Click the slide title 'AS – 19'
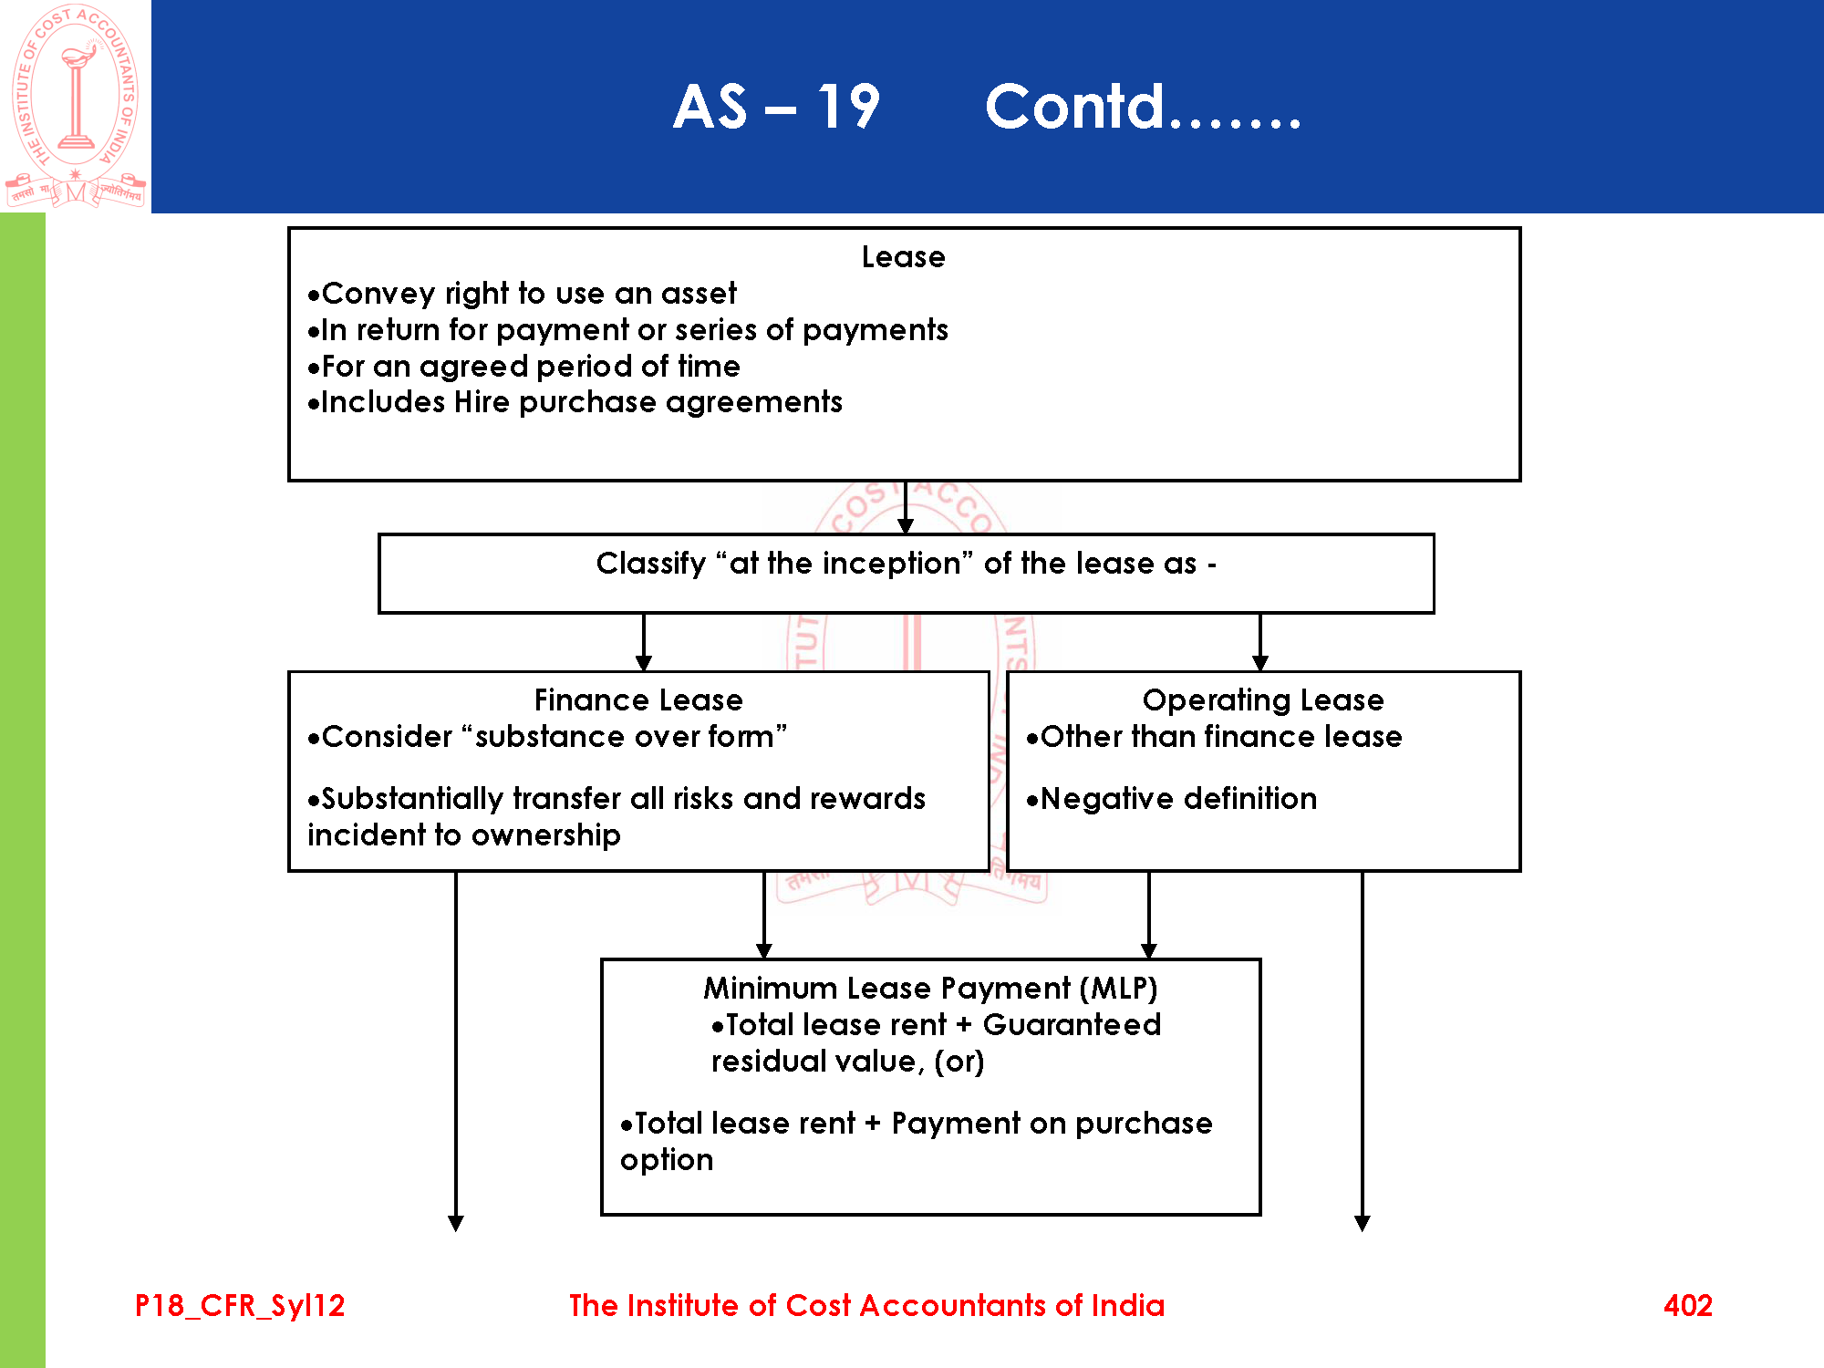pos(776,108)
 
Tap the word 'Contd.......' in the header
pos(1143,108)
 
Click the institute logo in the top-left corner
pos(76,105)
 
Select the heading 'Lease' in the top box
pos(903,257)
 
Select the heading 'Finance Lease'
pos(638,700)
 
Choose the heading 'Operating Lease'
pos(1263,700)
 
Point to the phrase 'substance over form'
pos(625,737)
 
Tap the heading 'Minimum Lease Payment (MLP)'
pos(930,989)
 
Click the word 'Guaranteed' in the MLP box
pos(1072,1025)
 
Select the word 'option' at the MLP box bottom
pos(667,1160)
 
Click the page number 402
pos(1687,1306)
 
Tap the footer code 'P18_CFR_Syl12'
pos(240,1306)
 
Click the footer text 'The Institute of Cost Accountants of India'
pos(866,1306)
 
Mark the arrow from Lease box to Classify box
pos(905,508)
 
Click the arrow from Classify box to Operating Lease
pos(1260,643)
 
